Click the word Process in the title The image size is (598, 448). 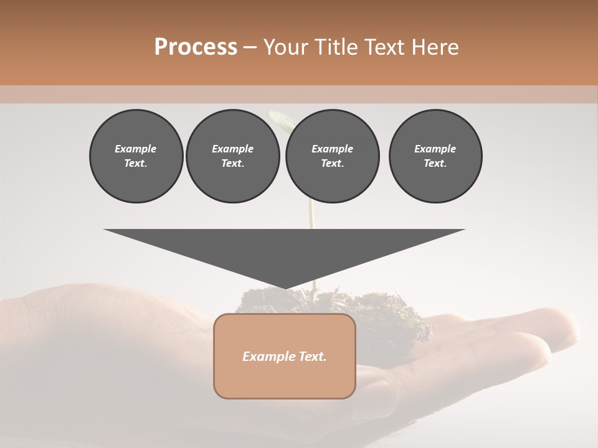pos(196,47)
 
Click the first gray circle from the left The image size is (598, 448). pos(136,156)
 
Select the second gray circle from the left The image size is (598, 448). pos(232,156)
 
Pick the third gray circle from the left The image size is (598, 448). pos(332,156)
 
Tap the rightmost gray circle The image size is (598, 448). pos(435,156)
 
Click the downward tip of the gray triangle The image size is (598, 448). pos(285,287)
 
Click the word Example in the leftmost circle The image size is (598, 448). pos(136,149)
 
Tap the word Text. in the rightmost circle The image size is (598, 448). pos(435,163)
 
